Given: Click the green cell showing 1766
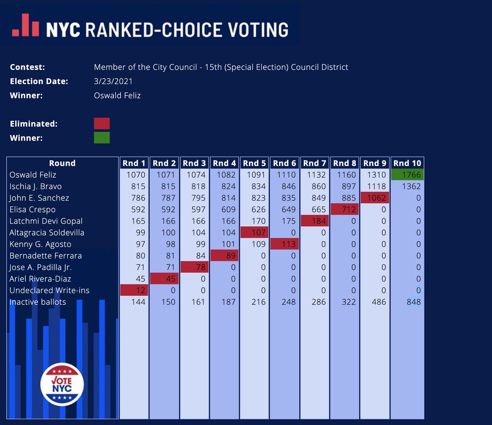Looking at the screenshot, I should [407, 175].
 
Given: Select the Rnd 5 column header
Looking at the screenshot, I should [254, 163].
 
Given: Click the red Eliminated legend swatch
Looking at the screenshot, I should [102, 123].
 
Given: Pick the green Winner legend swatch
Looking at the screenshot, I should [102, 138].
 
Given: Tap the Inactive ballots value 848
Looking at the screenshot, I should [413, 302].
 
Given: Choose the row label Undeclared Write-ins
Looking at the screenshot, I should [50, 290].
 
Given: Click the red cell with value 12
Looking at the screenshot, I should [134, 290].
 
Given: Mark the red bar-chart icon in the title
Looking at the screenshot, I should [25, 25].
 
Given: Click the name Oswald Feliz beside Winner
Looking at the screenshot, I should [117, 96].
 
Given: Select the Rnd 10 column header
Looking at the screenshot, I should [407, 163].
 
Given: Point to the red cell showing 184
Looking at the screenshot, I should [315, 221].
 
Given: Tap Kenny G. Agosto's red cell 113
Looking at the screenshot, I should [285, 244].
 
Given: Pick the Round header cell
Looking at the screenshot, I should [62, 163].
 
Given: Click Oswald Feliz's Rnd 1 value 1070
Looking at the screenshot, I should [135, 175].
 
